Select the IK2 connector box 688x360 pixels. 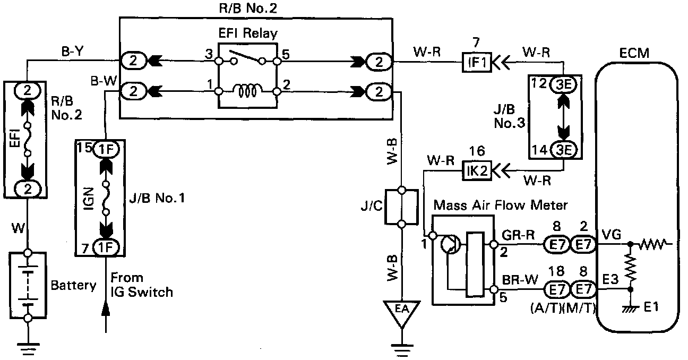(x=477, y=171)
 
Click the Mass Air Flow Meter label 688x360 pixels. (x=501, y=204)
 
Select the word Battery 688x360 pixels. (x=73, y=285)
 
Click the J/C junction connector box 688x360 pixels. (x=402, y=207)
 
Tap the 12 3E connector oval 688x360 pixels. (x=562, y=84)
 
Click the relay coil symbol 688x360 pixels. (x=247, y=92)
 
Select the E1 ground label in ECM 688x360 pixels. (x=650, y=306)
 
